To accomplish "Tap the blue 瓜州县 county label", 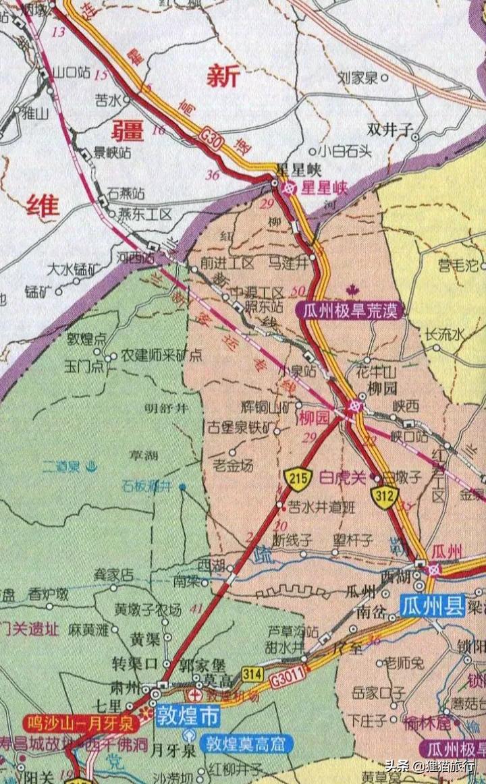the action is click(433, 605).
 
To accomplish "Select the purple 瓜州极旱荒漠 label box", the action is click(350, 310).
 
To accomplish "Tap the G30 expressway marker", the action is click(211, 138).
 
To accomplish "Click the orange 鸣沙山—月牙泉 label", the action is click(81, 723).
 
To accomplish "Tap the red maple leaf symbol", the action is click(350, 291).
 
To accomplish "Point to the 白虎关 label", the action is click(342, 476).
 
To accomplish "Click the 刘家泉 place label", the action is click(358, 78).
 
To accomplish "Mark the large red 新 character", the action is click(223, 76).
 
